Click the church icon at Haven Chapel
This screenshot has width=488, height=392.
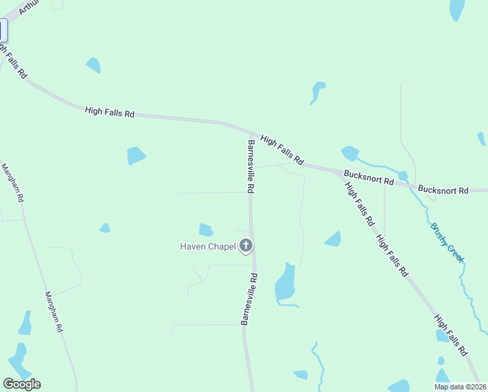pyautogui.click(x=246, y=246)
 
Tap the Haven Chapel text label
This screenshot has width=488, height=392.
pyautogui.click(x=208, y=246)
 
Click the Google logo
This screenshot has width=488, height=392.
pyautogui.click(x=22, y=384)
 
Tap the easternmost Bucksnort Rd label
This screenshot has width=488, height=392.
pyautogui.click(x=443, y=190)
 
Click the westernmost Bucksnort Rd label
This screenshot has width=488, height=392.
pyautogui.click(x=369, y=177)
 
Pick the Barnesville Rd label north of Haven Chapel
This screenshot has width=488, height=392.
pyautogui.click(x=250, y=165)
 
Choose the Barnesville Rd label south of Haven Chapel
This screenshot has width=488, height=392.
pyautogui.click(x=250, y=299)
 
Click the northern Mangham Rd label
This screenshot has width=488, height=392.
pyautogui.click(x=12, y=182)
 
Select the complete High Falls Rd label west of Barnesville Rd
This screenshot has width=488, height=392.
pyautogui.click(x=110, y=113)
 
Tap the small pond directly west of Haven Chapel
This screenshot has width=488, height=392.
pyautogui.click(x=206, y=229)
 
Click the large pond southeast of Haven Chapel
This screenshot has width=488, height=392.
pyautogui.click(x=285, y=282)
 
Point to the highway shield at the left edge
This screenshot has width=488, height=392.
pyautogui.click(x=3, y=31)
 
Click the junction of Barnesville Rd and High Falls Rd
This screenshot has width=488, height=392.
pyautogui.click(x=251, y=133)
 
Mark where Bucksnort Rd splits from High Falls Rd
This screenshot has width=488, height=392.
pyautogui.click(x=340, y=174)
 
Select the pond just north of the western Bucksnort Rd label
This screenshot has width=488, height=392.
pyautogui.click(x=350, y=154)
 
